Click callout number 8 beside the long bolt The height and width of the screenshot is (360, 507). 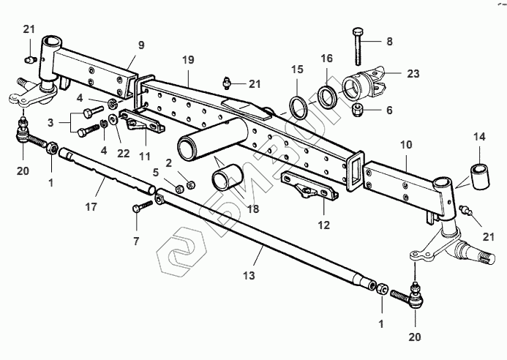pos(389,42)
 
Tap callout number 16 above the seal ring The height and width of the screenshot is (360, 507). pos(326,58)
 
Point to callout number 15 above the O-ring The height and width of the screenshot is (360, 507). pos(296,70)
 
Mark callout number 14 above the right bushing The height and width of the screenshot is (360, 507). pos(479,136)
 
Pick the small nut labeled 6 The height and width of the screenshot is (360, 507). pos(358,110)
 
